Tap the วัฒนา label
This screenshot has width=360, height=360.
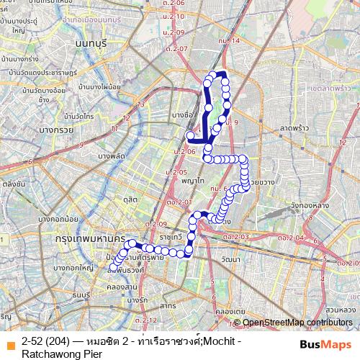(x=232, y=258)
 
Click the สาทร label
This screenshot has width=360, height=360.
(x=168, y=306)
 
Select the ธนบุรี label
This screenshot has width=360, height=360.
(x=80, y=294)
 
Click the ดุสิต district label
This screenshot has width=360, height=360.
(x=130, y=199)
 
